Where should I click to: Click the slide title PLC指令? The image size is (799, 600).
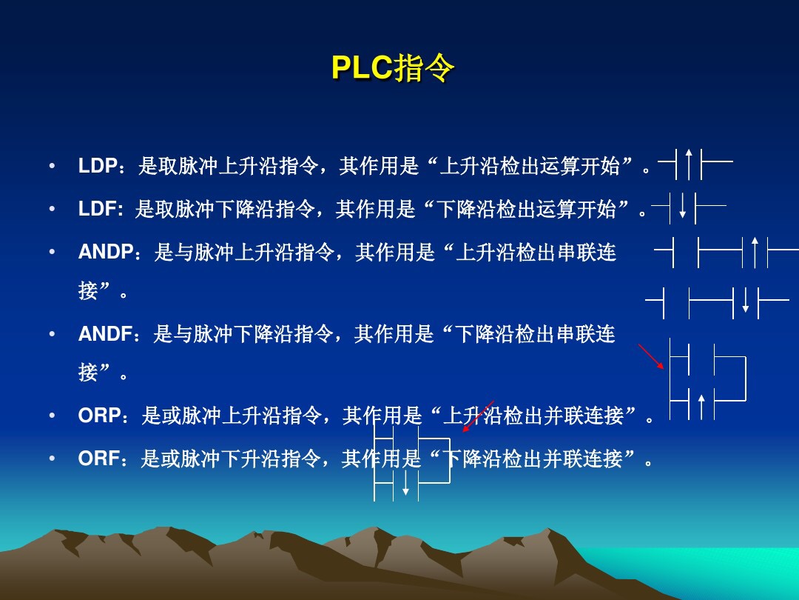(392, 69)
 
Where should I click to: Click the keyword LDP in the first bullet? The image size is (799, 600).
(98, 166)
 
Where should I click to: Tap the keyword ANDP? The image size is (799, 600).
(105, 253)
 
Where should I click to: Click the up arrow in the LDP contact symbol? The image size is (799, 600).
(689, 164)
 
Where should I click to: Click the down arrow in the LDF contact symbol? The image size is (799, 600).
(683, 205)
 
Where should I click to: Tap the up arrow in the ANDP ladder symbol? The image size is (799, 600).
(755, 253)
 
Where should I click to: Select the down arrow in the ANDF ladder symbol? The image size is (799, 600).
(746, 299)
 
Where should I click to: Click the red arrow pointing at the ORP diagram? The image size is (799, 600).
(651, 356)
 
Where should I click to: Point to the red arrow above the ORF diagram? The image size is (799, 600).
(478, 416)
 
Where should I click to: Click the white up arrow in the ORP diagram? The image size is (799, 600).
(701, 407)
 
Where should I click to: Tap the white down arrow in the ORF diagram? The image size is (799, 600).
(405, 482)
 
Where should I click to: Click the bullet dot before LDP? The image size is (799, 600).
(51, 166)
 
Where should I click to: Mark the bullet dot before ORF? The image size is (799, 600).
(51, 459)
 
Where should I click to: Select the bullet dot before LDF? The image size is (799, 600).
(51, 210)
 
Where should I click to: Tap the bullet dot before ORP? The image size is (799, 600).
(51, 416)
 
